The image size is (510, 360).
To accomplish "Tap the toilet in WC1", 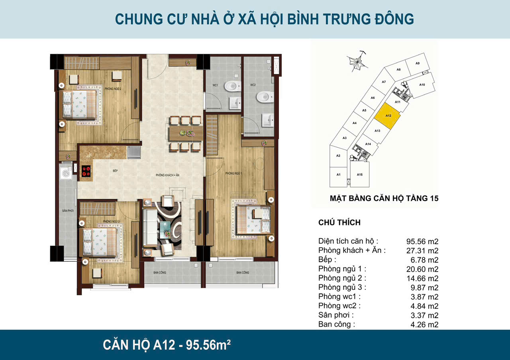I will coord(232,86).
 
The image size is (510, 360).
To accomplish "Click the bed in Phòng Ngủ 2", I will coord(78,104).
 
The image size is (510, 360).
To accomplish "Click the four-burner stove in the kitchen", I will coord(86,171).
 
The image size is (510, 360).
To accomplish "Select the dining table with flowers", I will coord(185,133).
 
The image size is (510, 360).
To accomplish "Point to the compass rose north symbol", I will coord(355,63).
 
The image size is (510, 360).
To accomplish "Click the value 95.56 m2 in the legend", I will coord(422,241).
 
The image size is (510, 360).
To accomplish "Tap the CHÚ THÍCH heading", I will coord(339,223).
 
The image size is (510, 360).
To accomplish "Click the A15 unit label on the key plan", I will coord(359,175).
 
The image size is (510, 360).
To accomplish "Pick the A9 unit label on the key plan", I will coord(417,63).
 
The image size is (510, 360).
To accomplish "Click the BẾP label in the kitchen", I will coord(115,170).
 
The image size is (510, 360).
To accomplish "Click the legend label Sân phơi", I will coord(336,315).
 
